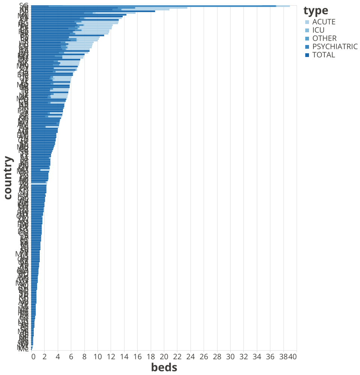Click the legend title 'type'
[316, 10]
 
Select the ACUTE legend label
[324, 22]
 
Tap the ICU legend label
[318, 30]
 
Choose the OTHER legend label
[324, 39]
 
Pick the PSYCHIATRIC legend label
[335, 47]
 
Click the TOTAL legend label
[323, 55]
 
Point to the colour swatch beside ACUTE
[307, 22]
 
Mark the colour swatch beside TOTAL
[307, 55]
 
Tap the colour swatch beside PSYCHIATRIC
[307, 47]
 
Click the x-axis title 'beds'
[164, 367]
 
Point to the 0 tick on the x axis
[33, 357]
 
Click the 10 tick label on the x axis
[97, 357]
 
